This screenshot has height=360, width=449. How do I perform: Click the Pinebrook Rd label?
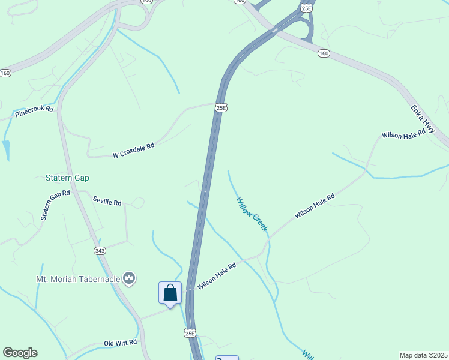coord(34,111)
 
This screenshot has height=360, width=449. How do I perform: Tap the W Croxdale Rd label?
coord(134,150)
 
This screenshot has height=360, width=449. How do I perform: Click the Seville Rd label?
coord(107,202)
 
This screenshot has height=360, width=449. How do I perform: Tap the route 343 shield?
coord(100,250)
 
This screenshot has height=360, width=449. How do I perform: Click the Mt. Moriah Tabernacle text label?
coord(77,278)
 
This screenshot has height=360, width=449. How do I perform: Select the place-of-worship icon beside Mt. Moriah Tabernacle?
coord(129,278)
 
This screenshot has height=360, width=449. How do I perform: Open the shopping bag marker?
coord(170,293)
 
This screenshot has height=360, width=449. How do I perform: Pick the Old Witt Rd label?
coord(121,343)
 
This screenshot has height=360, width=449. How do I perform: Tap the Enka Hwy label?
coord(423,119)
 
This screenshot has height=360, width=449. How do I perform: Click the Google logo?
coord(20,353)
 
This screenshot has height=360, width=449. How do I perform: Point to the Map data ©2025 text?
coord(423,355)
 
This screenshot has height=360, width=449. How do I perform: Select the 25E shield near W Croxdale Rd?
coord(221,107)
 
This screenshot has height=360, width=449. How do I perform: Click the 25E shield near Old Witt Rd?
coord(190,333)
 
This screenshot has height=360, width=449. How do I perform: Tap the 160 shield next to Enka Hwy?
coord(324,53)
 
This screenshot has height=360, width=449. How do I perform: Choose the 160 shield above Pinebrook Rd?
coord(5,73)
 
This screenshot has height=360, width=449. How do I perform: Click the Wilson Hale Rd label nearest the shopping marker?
coord(217,276)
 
